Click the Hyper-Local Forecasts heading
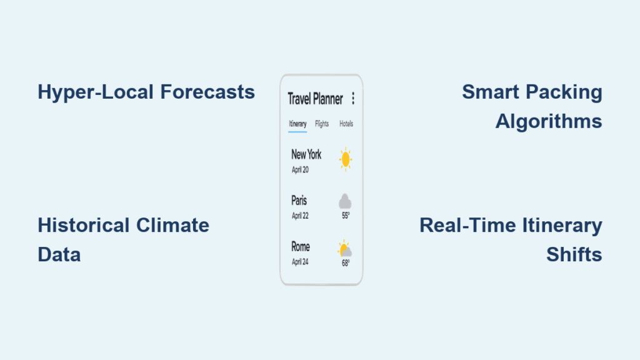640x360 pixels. click(x=146, y=92)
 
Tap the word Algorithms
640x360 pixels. click(x=549, y=122)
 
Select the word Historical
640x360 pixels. click(x=83, y=225)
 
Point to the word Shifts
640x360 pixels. click(x=574, y=255)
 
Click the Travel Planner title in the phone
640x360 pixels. click(x=315, y=99)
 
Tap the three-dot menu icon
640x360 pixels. click(x=353, y=98)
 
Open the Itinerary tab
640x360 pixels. click(x=297, y=124)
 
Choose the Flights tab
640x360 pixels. click(x=322, y=124)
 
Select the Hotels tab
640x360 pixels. click(x=346, y=124)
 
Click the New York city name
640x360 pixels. click(x=306, y=155)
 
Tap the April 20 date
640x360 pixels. click(x=300, y=170)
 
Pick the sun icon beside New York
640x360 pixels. click(x=345, y=159)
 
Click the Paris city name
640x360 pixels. click(x=299, y=201)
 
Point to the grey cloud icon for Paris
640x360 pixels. click(x=345, y=201)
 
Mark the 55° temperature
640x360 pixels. click(x=346, y=216)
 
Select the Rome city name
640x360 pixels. click(x=301, y=246)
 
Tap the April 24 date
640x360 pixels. click(x=300, y=262)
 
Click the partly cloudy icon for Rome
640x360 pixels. click(x=345, y=249)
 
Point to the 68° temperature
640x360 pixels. click(x=346, y=263)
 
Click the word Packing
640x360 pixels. click(x=571, y=92)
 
